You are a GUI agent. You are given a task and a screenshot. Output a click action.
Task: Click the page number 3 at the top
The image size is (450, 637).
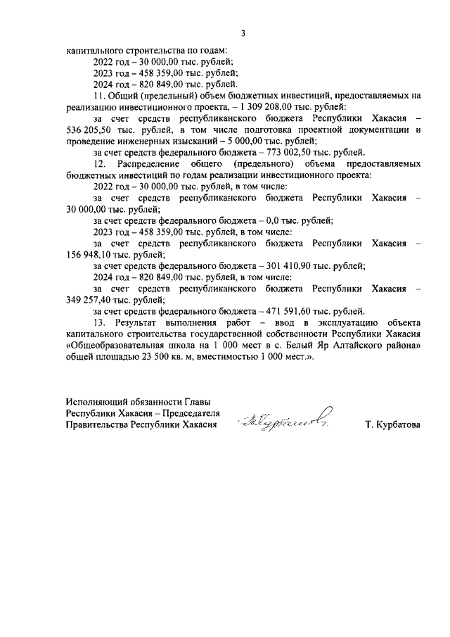243,32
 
